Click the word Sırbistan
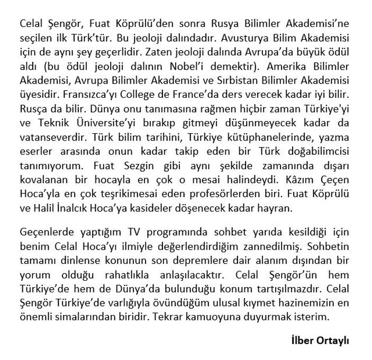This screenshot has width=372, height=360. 251,81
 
